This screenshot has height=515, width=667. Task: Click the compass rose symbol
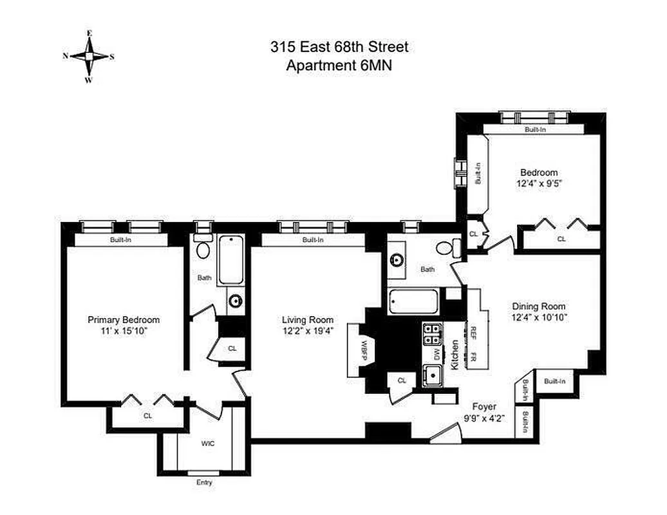click(89, 57)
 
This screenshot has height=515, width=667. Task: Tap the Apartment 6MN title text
click(339, 64)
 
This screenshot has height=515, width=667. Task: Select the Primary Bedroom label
click(124, 320)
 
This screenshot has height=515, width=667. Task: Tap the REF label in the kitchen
click(473, 332)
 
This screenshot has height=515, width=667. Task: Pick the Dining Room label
click(539, 306)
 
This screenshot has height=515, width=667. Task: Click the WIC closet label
click(207, 444)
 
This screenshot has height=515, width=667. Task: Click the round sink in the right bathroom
click(397, 260)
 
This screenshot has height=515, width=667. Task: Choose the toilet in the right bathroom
click(446, 247)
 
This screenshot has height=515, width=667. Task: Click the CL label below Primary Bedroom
click(147, 416)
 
